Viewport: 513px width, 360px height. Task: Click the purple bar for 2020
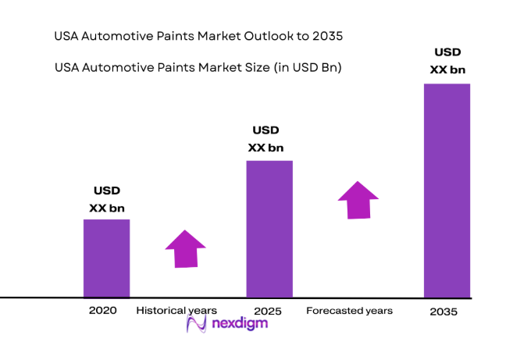coord(107,258)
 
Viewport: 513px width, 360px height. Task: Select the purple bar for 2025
coord(269,229)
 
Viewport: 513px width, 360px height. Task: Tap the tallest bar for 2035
coord(447,191)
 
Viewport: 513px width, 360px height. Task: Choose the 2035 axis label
coord(444,312)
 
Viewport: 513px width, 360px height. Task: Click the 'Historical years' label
coord(176,310)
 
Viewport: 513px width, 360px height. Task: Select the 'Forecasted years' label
coord(349,311)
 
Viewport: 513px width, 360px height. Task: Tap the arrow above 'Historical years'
coord(185,249)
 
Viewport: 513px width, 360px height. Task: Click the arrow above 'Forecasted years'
coord(358,201)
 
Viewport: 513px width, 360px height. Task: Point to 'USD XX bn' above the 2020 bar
coord(107,199)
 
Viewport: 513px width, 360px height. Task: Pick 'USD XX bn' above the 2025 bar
coord(266,138)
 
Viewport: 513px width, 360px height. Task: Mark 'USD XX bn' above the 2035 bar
coord(447,61)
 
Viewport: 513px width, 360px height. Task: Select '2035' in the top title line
coord(327,36)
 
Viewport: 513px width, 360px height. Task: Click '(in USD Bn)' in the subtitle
coord(310,68)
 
